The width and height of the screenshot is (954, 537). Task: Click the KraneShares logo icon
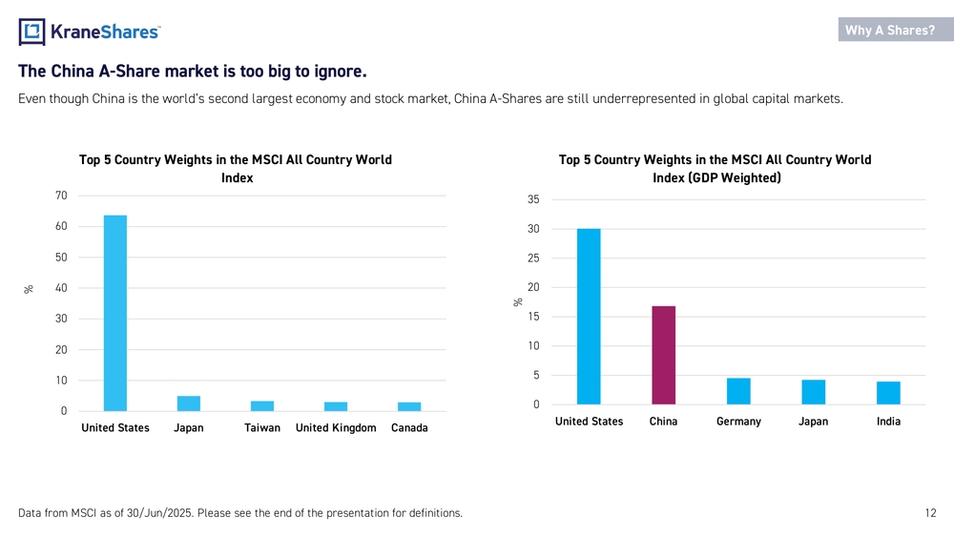pyautogui.click(x=31, y=31)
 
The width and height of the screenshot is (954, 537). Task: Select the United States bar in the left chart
pyautogui.click(x=115, y=313)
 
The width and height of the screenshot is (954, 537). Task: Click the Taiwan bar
pyautogui.click(x=262, y=406)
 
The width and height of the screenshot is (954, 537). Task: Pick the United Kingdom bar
pyautogui.click(x=336, y=407)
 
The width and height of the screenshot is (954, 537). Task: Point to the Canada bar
pyautogui.click(x=409, y=407)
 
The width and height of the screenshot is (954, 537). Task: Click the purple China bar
pyautogui.click(x=664, y=355)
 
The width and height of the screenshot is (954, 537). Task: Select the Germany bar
pyautogui.click(x=738, y=392)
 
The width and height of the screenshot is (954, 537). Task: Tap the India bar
pyautogui.click(x=888, y=393)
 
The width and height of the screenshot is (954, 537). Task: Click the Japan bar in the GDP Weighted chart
pyautogui.click(x=814, y=392)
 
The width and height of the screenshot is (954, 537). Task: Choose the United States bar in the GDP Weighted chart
pyautogui.click(x=589, y=317)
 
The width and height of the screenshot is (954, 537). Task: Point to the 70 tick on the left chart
pyautogui.click(x=61, y=196)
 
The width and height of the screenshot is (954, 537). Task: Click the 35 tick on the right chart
pyautogui.click(x=533, y=199)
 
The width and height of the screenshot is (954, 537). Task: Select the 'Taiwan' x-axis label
pyautogui.click(x=262, y=427)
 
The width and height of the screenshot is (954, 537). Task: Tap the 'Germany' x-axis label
pyautogui.click(x=738, y=422)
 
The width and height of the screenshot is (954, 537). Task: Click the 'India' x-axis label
pyautogui.click(x=888, y=422)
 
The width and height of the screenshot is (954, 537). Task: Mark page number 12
pyautogui.click(x=930, y=512)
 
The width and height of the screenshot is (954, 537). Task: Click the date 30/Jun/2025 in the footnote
pyautogui.click(x=158, y=512)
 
